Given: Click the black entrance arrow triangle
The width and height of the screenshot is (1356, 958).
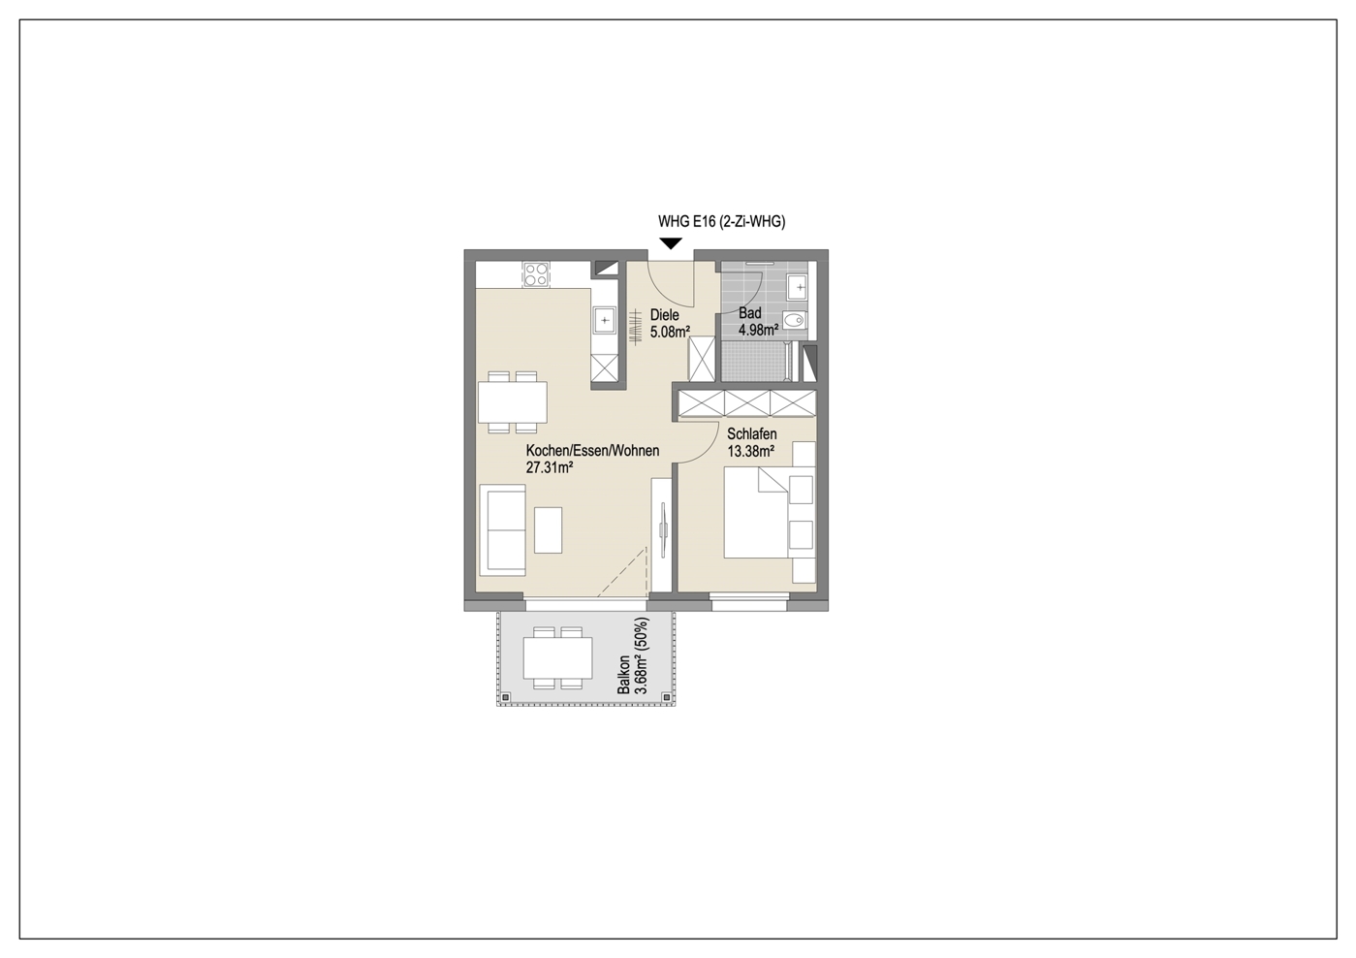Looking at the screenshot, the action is pos(671,243).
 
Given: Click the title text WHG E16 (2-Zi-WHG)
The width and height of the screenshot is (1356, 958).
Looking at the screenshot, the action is pos(721,222).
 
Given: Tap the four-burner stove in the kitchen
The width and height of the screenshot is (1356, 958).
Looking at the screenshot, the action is pos(536,274).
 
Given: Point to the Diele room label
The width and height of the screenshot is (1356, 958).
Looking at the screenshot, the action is pos(664,315).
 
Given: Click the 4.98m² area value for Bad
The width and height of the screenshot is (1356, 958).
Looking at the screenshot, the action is pos(758,330).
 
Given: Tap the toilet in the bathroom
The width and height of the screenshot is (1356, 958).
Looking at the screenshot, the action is pos(794,320).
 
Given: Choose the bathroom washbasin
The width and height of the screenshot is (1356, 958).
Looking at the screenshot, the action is pos(798,287).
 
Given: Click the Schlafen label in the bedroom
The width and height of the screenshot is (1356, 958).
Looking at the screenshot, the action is pos(752,434).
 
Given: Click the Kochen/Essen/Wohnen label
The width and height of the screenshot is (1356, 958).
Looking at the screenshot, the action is pos(592,451).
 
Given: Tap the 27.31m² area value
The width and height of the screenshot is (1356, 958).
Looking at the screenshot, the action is pos(549,467).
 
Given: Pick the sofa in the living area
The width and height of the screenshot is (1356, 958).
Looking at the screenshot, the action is pos(502,529).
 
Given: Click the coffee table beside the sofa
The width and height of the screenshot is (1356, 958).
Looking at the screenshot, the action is pos(548,529).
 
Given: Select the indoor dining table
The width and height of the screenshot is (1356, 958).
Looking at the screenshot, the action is pos(512,402).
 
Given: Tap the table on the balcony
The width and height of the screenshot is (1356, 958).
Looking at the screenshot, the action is pos(557,657).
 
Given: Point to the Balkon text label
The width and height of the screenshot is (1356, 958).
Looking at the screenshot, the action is pos(622,675).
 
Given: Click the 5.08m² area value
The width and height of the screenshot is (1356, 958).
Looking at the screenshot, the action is pos(670,332).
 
